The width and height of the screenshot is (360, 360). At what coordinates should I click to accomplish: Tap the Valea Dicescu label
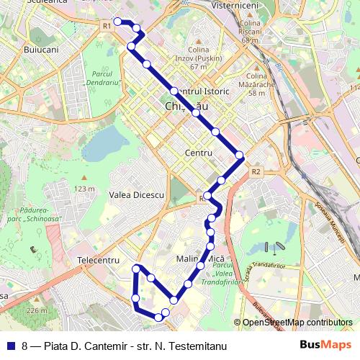[x=137, y=195]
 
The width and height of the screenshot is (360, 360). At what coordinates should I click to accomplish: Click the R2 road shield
[x=256, y=172]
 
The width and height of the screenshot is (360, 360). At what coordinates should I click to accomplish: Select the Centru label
[x=198, y=153]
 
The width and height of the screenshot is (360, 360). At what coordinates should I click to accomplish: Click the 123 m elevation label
[x=84, y=189]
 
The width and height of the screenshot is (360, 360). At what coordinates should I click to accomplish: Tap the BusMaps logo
[x=326, y=345]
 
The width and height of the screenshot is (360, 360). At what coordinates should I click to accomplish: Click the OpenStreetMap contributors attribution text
[x=297, y=323]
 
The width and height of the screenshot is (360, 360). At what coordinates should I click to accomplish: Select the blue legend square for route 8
[x=10, y=346]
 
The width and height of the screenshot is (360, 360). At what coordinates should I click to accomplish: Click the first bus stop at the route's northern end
[x=117, y=22]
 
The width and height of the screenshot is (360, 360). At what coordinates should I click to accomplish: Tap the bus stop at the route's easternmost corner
[x=240, y=156]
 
